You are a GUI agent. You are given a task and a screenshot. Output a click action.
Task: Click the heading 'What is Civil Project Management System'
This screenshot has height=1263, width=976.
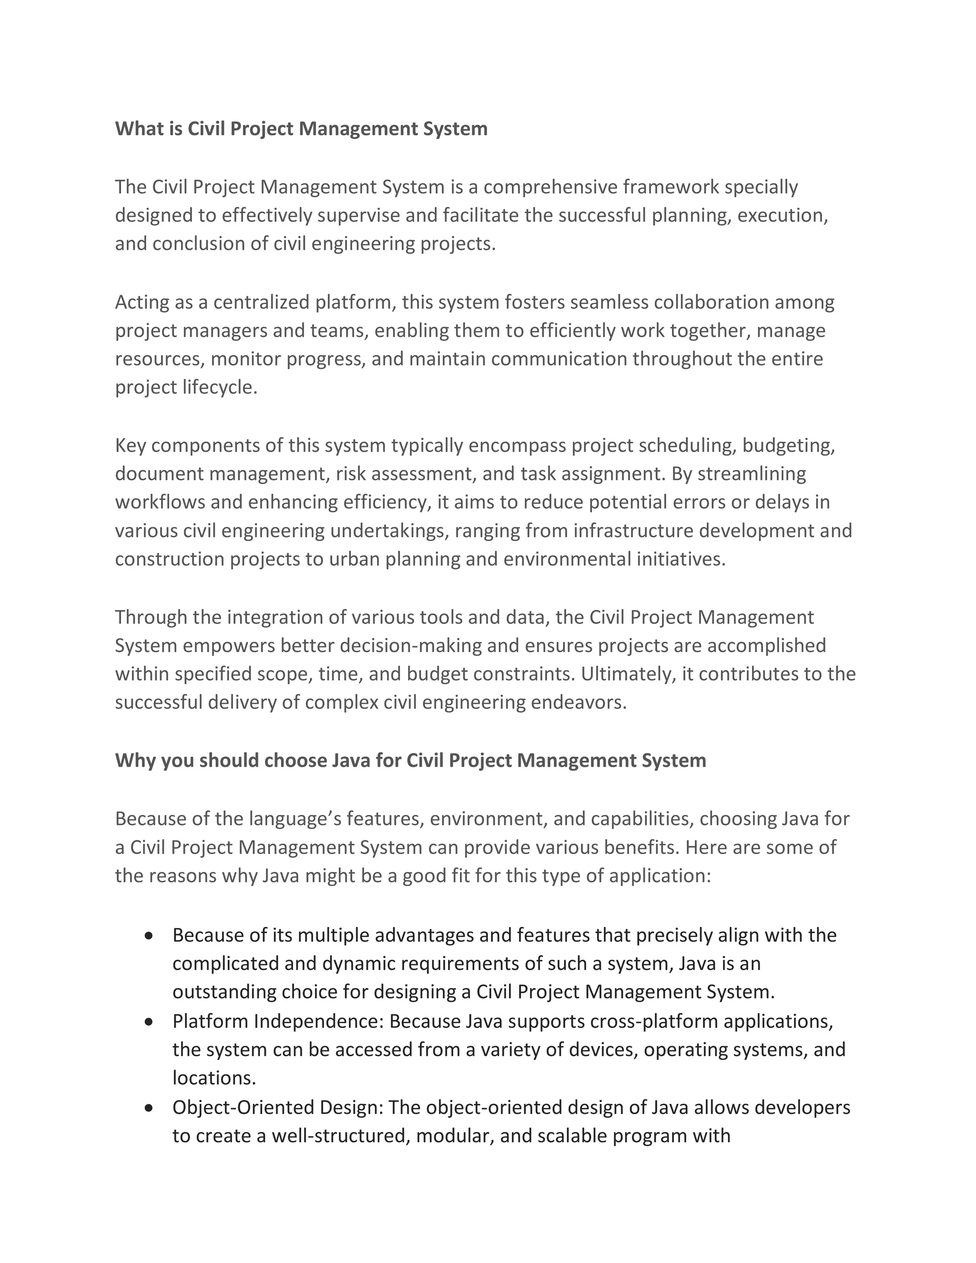(301, 128)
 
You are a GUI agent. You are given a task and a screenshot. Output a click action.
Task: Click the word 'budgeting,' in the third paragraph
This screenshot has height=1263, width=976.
(789, 445)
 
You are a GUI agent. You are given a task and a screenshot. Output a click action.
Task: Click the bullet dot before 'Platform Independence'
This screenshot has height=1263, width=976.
(149, 1022)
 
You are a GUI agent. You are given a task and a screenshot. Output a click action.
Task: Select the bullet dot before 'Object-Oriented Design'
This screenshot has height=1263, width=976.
(149, 1108)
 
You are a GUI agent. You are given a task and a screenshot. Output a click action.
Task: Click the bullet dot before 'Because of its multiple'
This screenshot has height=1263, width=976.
(149, 936)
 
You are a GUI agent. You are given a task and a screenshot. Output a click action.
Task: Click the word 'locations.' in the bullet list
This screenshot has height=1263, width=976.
(214, 1078)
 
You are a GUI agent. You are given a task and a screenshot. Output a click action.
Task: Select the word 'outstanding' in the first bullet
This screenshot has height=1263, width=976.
(224, 992)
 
